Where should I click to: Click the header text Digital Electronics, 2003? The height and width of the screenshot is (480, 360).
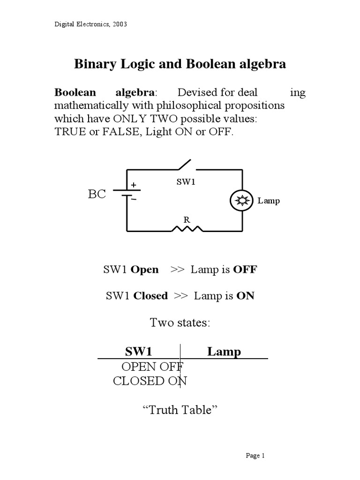pos(91,24)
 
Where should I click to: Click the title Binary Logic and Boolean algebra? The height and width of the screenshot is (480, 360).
pos(180,64)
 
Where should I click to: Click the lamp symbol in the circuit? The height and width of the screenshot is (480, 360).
pos(242,201)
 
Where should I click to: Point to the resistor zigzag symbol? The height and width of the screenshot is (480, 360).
pos(187,229)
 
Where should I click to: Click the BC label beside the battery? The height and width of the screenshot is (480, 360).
pos(97,195)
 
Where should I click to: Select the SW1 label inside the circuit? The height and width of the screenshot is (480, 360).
pos(185,182)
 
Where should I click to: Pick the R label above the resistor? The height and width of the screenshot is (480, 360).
pos(186,219)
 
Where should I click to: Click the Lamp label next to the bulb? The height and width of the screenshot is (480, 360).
pos(269,201)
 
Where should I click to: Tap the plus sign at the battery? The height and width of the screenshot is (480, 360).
pos(134,186)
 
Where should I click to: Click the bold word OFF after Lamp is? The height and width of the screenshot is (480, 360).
pos(245,270)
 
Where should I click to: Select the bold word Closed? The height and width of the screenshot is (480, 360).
pos(150,296)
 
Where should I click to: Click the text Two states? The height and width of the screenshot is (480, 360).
pos(180,323)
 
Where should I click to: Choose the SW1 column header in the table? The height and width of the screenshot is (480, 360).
pos(138,352)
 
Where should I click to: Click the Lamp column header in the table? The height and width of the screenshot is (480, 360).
pos(224,352)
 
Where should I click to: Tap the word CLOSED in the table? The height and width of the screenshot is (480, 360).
pos(139,381)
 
